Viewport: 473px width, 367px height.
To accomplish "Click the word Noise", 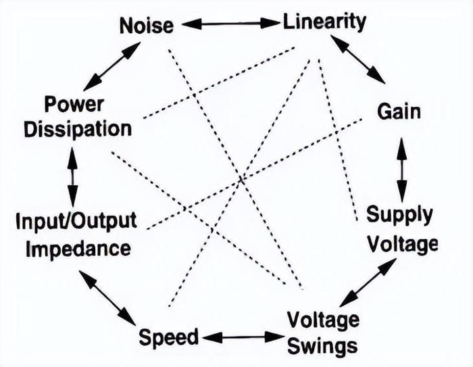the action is pos(147,26).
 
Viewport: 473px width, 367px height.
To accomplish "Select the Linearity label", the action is pos(324,22).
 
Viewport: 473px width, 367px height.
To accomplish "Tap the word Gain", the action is pos(399,112).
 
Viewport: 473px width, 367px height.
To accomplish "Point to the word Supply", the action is pos(400,216).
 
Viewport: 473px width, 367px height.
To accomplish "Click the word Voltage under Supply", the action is pos(403,244).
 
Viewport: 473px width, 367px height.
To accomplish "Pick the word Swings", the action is pos(322,346).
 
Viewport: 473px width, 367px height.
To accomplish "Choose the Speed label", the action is pos(168,337).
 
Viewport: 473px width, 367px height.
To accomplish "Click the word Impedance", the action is pos(78,249).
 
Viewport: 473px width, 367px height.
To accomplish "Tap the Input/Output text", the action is pos(76,221).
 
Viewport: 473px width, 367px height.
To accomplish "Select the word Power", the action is pos(74,105).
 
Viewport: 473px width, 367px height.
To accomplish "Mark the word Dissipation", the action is pos(78,130).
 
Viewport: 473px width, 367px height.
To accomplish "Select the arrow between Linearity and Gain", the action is pos(358,59).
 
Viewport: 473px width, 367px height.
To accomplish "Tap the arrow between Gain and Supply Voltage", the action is pos(401,170).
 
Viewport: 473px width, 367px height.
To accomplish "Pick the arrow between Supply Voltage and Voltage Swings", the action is pos(368,283).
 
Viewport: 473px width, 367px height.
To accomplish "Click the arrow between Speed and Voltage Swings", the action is pos(243,337).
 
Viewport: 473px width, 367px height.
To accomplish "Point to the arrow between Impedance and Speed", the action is pos(107,298).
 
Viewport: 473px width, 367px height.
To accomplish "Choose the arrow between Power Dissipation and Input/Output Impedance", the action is pos(72,177).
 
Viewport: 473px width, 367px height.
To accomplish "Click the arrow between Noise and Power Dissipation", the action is pos(112,66).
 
